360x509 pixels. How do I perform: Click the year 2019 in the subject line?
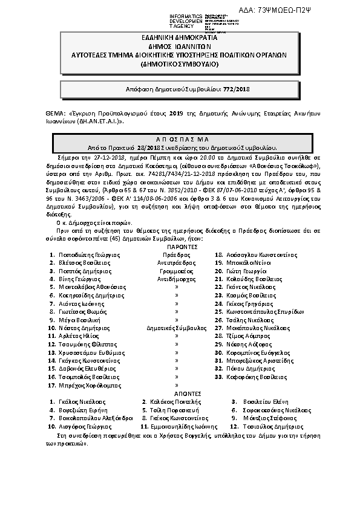(x=175, y=112)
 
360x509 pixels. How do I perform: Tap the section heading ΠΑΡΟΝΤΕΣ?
(x=180, y=247)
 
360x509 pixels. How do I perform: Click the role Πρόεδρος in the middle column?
(x=176, y=255)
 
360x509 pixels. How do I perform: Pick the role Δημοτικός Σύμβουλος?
(x=176, y=327)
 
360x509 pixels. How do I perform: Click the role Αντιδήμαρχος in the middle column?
(x=176, y=280)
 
